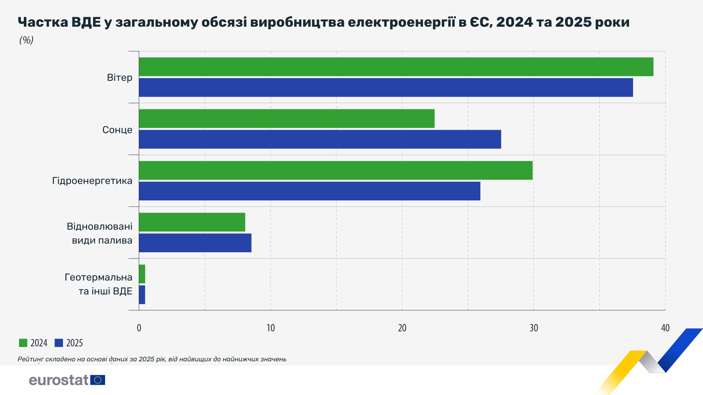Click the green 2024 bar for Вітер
tap(395, 67)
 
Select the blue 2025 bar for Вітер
tap(386, 87)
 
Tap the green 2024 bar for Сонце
tap(286, 118)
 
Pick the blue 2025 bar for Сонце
tap(320, 139)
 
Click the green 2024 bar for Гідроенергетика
tap(335, 170)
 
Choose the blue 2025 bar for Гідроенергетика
tap(309, 191)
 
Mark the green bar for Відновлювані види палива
tap(192, 222)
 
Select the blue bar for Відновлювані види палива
tap(195, 243)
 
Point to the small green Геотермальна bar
tap(142, 274)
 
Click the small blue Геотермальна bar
tap(142, 295)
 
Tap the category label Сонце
tap(117, 130)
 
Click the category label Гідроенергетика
tap(92, 181)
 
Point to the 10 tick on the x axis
tap(271, 328)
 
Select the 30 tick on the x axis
tap(533, 328)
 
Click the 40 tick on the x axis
tap(665, 328)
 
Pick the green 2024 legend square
tap(23, 343)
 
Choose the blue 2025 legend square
tap(59, 343)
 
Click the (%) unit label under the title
tap(26, 40)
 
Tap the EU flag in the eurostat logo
tap(98, 380)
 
